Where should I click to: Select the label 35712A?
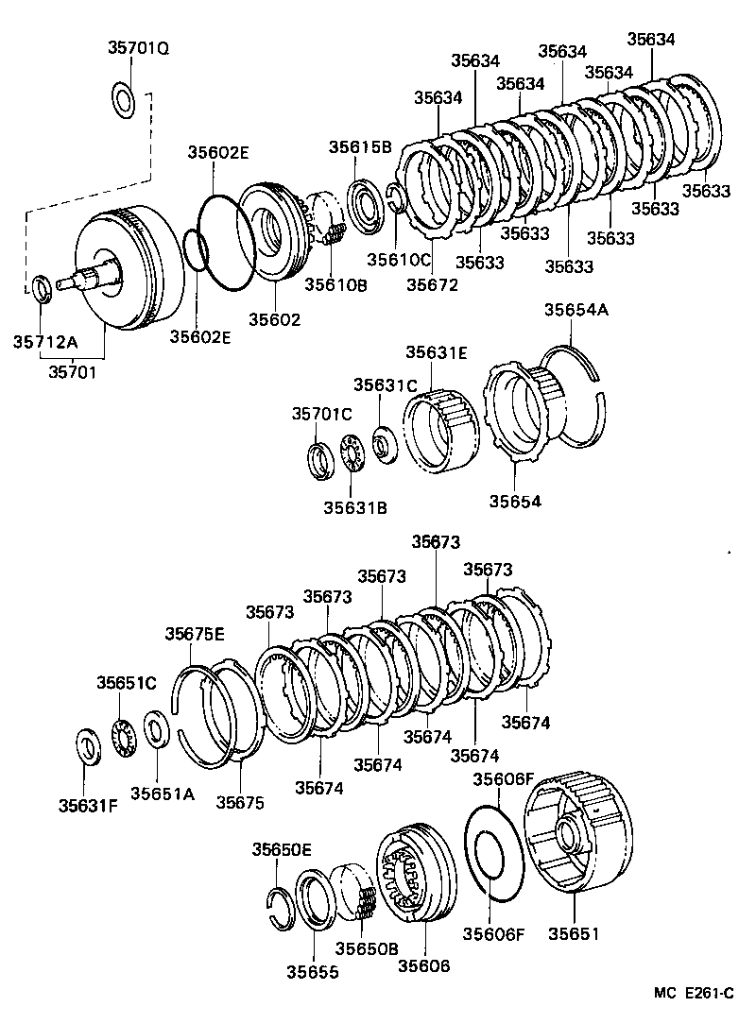43,341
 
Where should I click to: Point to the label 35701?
74,371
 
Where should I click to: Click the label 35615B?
359,146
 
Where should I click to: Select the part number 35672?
432,282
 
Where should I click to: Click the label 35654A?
576,310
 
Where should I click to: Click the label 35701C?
321,413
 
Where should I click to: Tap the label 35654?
515,501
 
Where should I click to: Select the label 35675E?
195,634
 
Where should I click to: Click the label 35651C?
127,682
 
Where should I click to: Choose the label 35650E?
282,849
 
